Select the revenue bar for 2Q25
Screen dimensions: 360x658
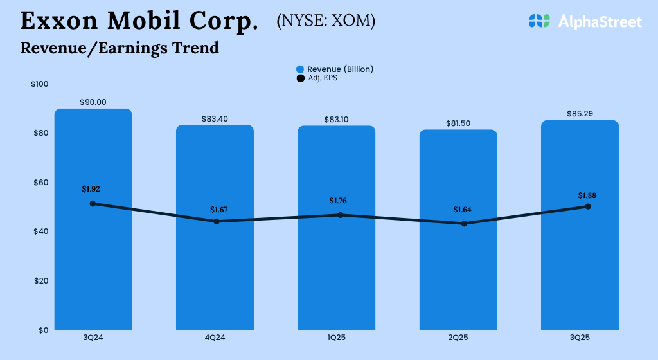458,276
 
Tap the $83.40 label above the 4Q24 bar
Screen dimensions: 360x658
215,119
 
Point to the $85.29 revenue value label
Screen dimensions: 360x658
580,114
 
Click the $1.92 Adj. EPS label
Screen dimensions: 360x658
91,189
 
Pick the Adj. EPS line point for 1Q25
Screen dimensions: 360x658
337,215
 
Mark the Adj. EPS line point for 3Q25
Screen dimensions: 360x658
588,206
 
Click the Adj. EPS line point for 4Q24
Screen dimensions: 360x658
217,221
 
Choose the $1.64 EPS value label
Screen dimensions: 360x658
462,210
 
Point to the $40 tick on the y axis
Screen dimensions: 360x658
40,231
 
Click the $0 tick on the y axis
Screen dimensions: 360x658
43,330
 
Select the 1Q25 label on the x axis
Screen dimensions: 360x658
336,337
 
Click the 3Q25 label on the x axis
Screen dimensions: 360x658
580,337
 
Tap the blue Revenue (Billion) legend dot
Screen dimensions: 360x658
300,69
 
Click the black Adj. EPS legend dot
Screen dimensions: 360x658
300,78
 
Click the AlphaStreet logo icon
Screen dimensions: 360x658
540,21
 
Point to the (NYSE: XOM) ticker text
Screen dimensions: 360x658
326,21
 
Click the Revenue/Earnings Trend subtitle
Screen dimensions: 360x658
120,48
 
